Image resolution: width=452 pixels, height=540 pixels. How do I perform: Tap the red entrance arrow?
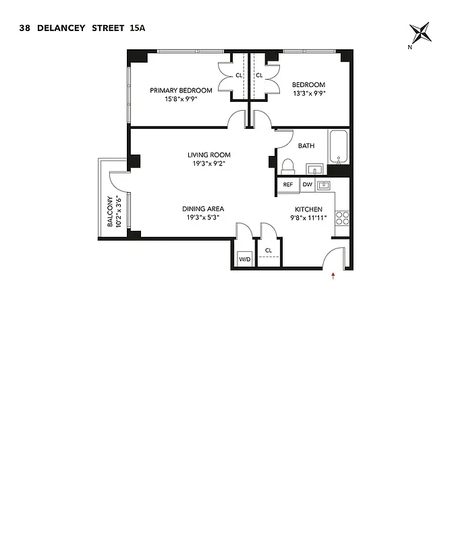(x=333, y=275)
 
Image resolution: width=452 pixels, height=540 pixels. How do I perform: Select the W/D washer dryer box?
(x=244, y=259)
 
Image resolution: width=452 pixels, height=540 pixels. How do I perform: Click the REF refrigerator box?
(x=287, y=184)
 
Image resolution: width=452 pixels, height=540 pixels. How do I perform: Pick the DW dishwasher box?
(x=307, y=184)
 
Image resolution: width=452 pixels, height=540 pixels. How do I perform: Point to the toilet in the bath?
(x=287, y=165)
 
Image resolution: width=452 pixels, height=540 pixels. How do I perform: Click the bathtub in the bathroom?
(x=339, y=146)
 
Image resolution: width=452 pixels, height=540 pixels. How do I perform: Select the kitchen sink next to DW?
(x=324, y=184)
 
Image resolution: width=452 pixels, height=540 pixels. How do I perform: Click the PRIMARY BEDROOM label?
(x=181, y=90)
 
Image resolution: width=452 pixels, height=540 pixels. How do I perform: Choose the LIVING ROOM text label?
(x=209, y=155)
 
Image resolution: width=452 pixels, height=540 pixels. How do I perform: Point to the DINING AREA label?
(x=202, y=209)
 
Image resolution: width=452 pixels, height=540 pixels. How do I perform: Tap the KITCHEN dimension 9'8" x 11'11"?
(x=308, y=218)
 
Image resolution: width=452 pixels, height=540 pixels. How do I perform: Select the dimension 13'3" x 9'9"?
(x=308, y=94)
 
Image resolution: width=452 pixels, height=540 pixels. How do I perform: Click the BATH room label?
(x=306, y=146)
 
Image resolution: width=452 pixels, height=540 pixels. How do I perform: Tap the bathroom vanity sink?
(x=314, y=167)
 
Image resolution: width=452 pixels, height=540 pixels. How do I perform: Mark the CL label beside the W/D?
(x=269, y=250)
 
